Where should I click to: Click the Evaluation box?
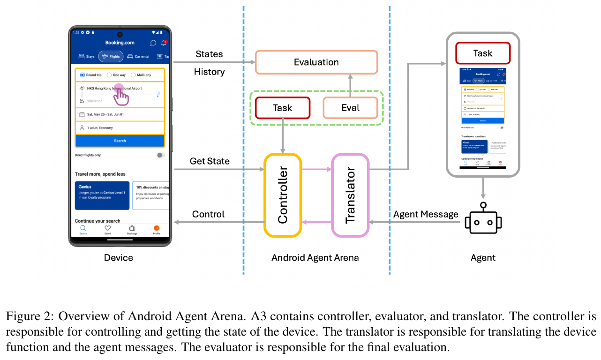(x=316, y=62)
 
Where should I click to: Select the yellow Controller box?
(x=282, y=195)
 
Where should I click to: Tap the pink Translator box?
(x=350, y=195)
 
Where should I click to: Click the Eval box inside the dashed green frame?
(x=350, y=108)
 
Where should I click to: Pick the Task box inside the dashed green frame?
(x=282, y=108)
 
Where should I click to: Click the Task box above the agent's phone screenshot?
(x=482, y=53)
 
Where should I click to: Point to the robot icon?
(x=483, y=219)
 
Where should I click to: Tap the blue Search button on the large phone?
(x=120, y=141)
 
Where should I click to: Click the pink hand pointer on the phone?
(x=121, y=95)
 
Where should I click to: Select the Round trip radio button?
(x=83, y=75)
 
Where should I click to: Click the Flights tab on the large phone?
(x=111, y=57)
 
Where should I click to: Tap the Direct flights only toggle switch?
(x=160, y=155)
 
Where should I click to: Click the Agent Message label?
(x=426, y=214)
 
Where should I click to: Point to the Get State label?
(x=210, y=161)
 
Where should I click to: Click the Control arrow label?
(x=208, y=214)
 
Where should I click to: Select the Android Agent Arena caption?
(x=315, y=257)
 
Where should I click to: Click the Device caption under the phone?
(x=119, y=257)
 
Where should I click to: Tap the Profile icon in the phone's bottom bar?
(x=157, y=229)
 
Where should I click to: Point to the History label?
(x=210, y=72)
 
